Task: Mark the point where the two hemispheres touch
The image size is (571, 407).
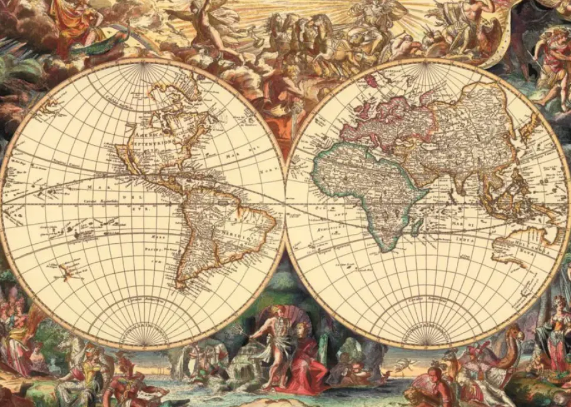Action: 285,203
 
